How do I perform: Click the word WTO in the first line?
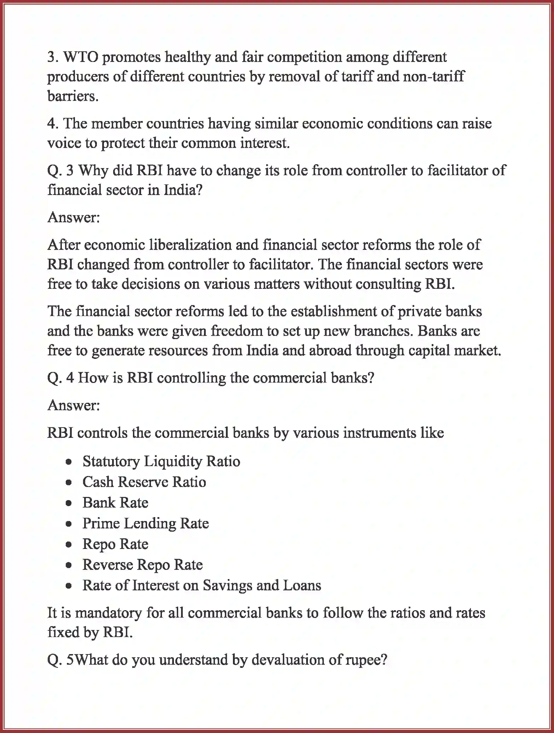click(x=81, y=57)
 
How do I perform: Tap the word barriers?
click(x=72, y=96)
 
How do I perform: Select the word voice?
click(x=62, y=143)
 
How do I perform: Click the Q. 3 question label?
click(x=60, y=171)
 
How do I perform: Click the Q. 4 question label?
click(x=60, y=378)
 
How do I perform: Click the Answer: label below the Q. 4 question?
click(x=74, y=405)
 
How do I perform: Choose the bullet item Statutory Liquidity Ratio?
click(x=161, y=462)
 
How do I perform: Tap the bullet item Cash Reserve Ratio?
click(x=144, y=482)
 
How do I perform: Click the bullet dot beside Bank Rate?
click(x=69, y=503)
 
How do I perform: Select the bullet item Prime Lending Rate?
click(x=146, y=523)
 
